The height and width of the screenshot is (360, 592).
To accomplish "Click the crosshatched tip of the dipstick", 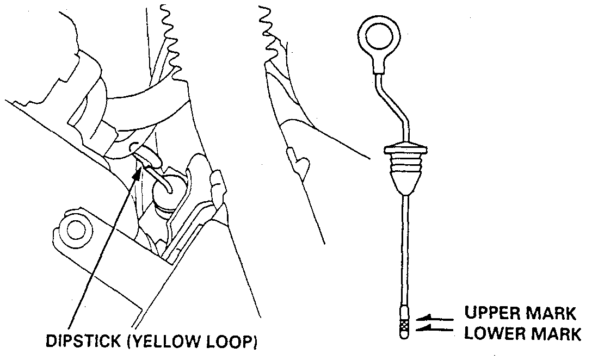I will pyautogui.click(x=404, y=326).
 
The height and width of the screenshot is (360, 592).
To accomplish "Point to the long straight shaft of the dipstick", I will pyautogui.click(x=405, y=250).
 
